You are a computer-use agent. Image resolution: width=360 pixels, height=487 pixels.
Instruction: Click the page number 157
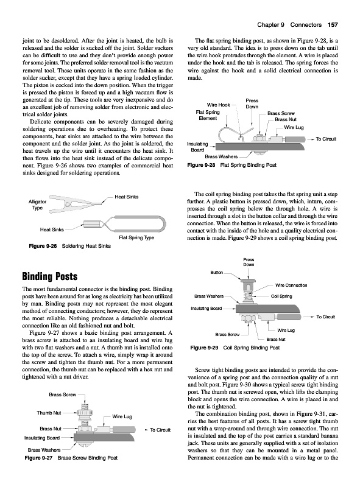[333, 25]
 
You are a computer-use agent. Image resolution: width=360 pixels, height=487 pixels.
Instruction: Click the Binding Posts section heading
[50, 276]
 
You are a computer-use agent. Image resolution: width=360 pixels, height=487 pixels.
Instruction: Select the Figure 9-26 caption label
[43, 246]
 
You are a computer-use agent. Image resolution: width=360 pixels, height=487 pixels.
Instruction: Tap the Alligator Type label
[37, 205]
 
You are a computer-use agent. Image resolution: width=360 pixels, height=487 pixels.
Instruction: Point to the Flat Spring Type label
[136, 237]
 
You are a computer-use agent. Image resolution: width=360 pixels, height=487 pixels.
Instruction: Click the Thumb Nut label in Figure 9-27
[49, 413]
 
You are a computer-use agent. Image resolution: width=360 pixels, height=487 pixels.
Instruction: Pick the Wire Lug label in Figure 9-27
[122, 416]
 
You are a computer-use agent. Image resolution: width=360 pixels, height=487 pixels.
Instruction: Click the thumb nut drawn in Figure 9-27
[84, 414]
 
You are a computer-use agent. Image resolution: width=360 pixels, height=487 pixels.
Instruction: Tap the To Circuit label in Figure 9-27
[160, 430]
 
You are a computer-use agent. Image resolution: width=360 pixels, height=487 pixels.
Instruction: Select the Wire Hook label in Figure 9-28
[219, 105]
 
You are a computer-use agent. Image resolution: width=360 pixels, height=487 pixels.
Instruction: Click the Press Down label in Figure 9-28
[252, 103]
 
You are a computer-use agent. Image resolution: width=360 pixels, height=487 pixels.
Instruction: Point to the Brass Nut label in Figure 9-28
[286, 119]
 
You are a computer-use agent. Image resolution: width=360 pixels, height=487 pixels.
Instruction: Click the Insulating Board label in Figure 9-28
[197, 147]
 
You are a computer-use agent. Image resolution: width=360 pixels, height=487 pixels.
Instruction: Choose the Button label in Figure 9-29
[217, 272]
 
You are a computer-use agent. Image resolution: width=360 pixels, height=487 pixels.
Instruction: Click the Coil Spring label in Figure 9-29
[281, 296]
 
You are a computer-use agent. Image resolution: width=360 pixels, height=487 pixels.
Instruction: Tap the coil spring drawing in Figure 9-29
[247, 295]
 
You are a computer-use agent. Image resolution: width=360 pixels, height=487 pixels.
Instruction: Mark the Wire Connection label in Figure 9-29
[291, 285]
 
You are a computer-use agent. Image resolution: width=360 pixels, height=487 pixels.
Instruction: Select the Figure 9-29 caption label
[204, 348]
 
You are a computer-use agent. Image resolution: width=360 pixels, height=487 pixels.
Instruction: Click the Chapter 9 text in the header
[271, 25]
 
